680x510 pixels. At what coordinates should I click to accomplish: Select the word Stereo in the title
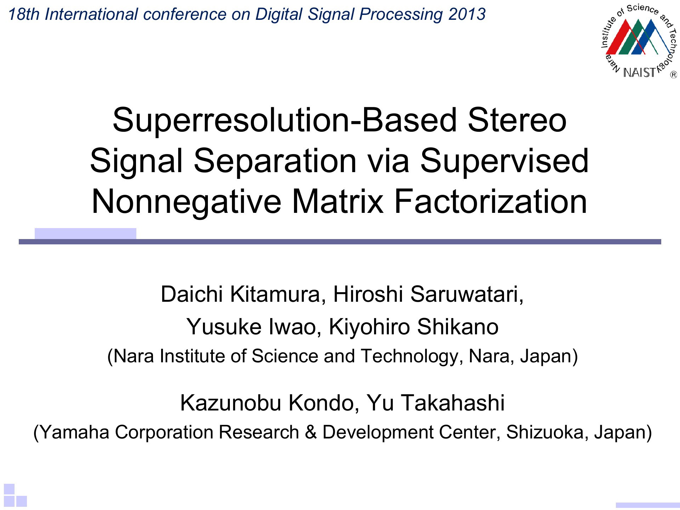[517, 120]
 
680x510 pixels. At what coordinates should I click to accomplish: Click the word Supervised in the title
[504, 161]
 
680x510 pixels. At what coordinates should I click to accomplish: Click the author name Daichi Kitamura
[240, 294]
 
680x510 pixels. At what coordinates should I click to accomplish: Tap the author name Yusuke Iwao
[251, 327]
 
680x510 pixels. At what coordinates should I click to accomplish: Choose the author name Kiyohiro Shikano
[414, 327]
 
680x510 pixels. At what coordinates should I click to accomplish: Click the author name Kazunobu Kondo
[267, 403]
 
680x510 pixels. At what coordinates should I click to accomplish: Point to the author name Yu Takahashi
[435, 403]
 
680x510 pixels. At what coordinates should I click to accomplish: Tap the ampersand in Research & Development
[311, 432]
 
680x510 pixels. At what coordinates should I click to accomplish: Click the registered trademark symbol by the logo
[673, 75]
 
